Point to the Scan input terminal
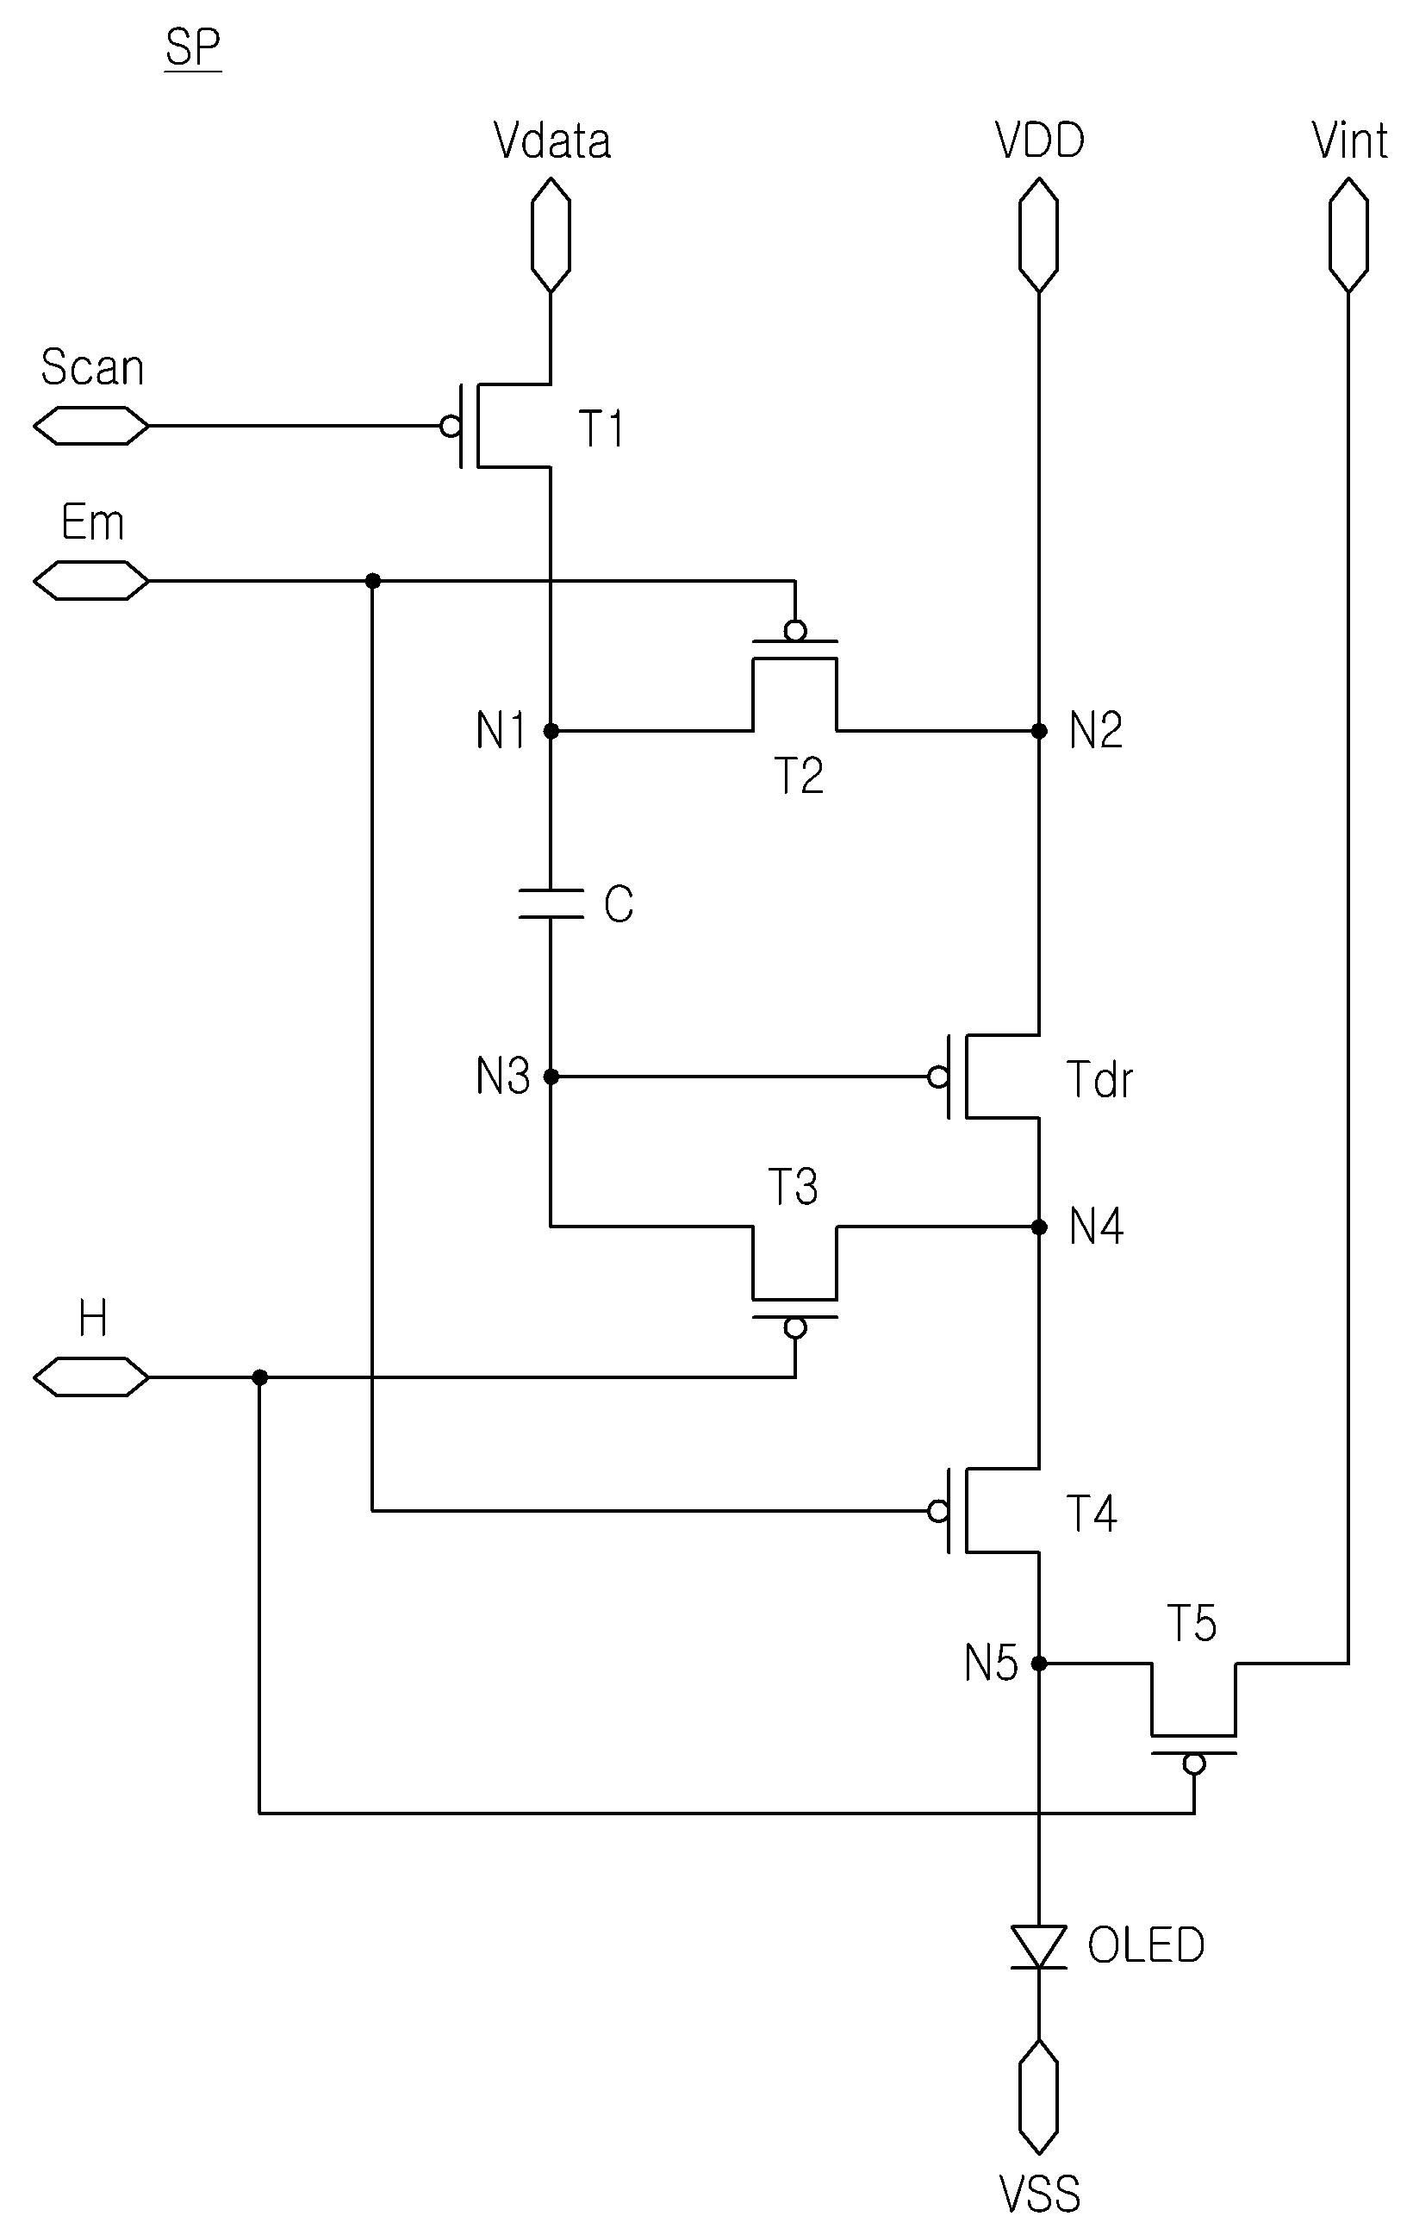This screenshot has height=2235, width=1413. (91, 426)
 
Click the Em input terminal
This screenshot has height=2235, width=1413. (91, 581)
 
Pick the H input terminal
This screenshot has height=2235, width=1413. (91, 1377)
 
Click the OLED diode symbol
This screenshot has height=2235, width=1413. (1038, 1945)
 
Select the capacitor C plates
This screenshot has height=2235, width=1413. (551, 903)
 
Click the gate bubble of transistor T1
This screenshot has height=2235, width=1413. (451, 426)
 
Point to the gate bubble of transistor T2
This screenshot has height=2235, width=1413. (795, 631)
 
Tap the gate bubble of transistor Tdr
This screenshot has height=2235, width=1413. (938, 1077)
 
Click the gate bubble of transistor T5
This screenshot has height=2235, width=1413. (1194, 1763)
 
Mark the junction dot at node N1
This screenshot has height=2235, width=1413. (551, 732)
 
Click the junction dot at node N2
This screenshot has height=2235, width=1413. (1039, 732)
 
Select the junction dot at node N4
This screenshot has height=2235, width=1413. (1039, 1227)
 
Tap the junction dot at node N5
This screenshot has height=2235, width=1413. (1039, 1664)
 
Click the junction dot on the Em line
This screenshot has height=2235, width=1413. (372, 581)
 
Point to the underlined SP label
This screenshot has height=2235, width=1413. (193, 48)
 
